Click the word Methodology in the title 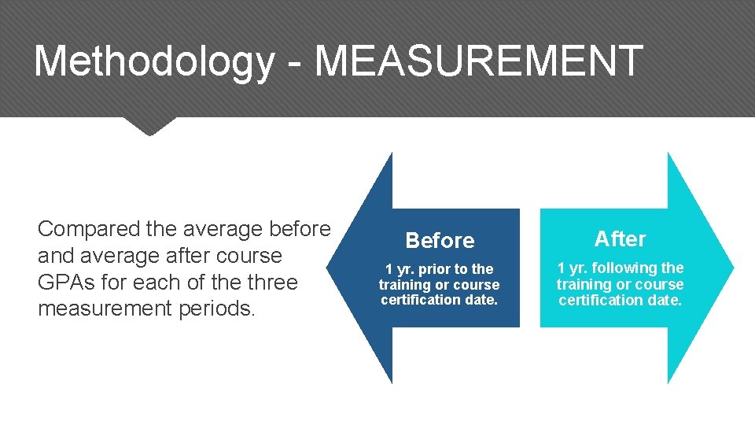point(153,61)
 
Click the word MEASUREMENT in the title point(479,61)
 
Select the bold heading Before point(440,240)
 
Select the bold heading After point(620,238)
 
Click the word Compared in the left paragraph point(89,229)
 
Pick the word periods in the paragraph point(215,309)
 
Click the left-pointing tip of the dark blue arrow point(335,268)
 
